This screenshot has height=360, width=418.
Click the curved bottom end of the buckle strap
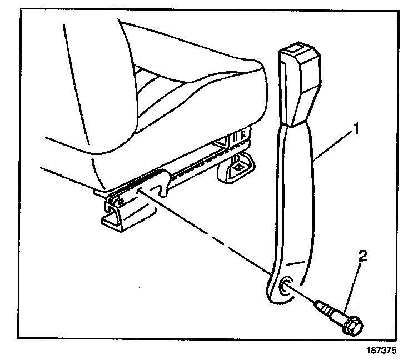281,297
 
